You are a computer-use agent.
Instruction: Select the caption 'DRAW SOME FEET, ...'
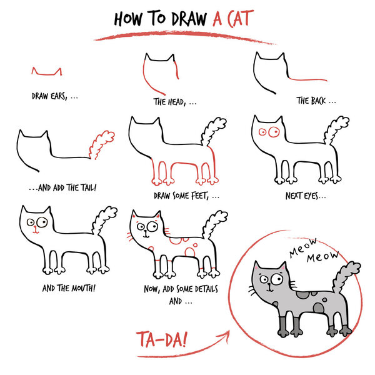186,196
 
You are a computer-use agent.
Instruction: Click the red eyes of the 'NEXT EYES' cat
269,132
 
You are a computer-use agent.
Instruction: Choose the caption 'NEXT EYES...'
306,196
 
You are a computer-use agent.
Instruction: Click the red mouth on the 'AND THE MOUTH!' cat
35,231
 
